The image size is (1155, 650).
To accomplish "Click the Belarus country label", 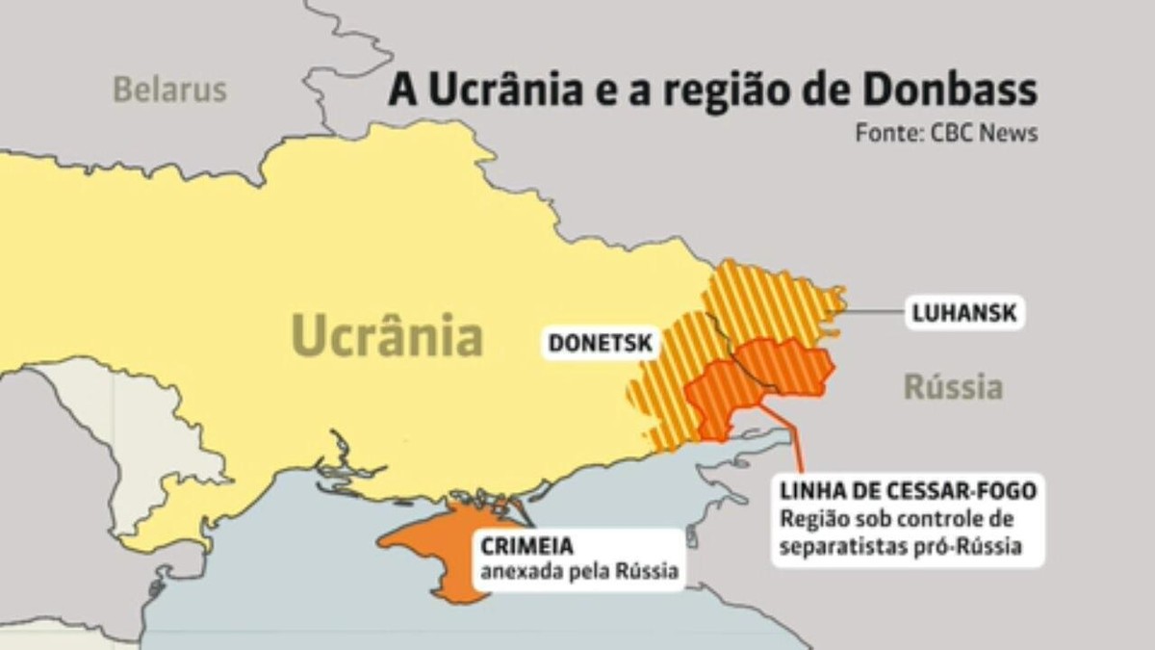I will (169, 90).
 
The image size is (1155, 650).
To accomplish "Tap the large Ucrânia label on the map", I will (387, 336).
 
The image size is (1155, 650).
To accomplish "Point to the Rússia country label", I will (952, 387).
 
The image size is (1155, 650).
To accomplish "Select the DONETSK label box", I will (602, 343).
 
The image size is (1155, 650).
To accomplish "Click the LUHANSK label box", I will (964, 314).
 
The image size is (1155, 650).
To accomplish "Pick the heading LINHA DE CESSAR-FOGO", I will (909, 491).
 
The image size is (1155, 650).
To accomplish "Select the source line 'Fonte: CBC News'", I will (946, 133).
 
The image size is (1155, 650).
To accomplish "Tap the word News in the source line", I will (1009, 133).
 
